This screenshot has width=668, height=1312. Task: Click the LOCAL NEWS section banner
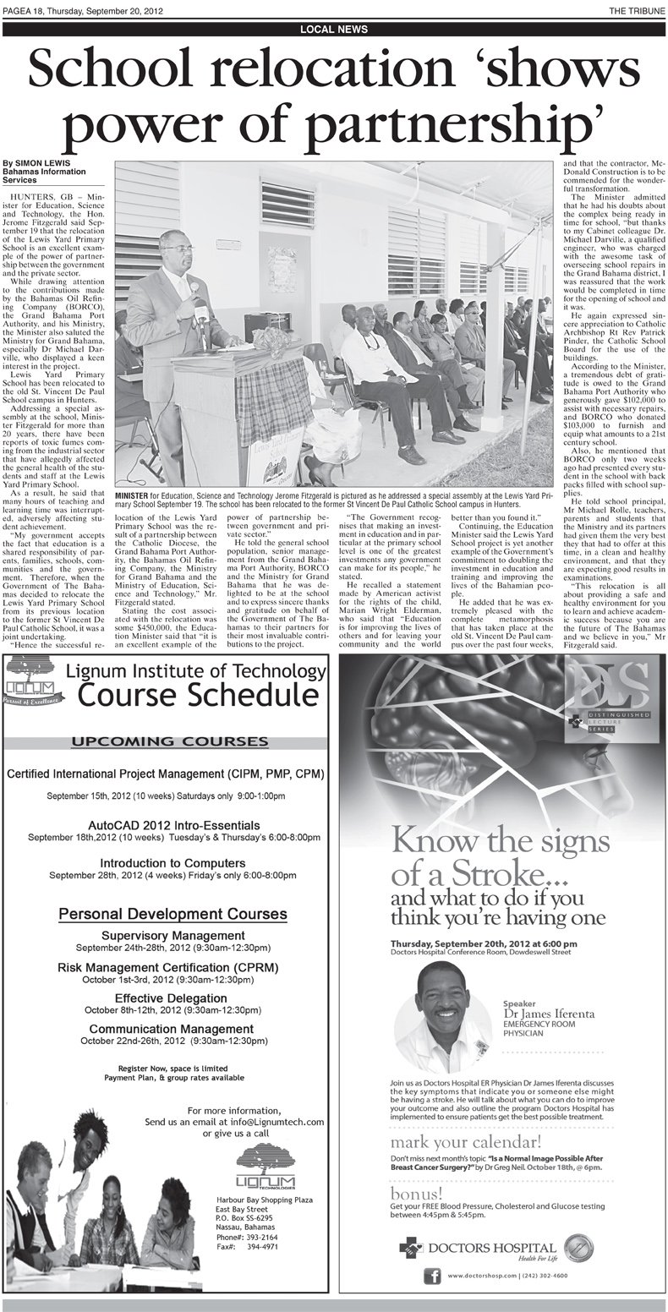pos(333,29)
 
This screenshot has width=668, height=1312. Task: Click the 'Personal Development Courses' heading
pos(172,915)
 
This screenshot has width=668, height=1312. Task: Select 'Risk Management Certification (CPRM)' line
pos(167,967)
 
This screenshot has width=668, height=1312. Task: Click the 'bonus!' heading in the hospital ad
pos(415,1193)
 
